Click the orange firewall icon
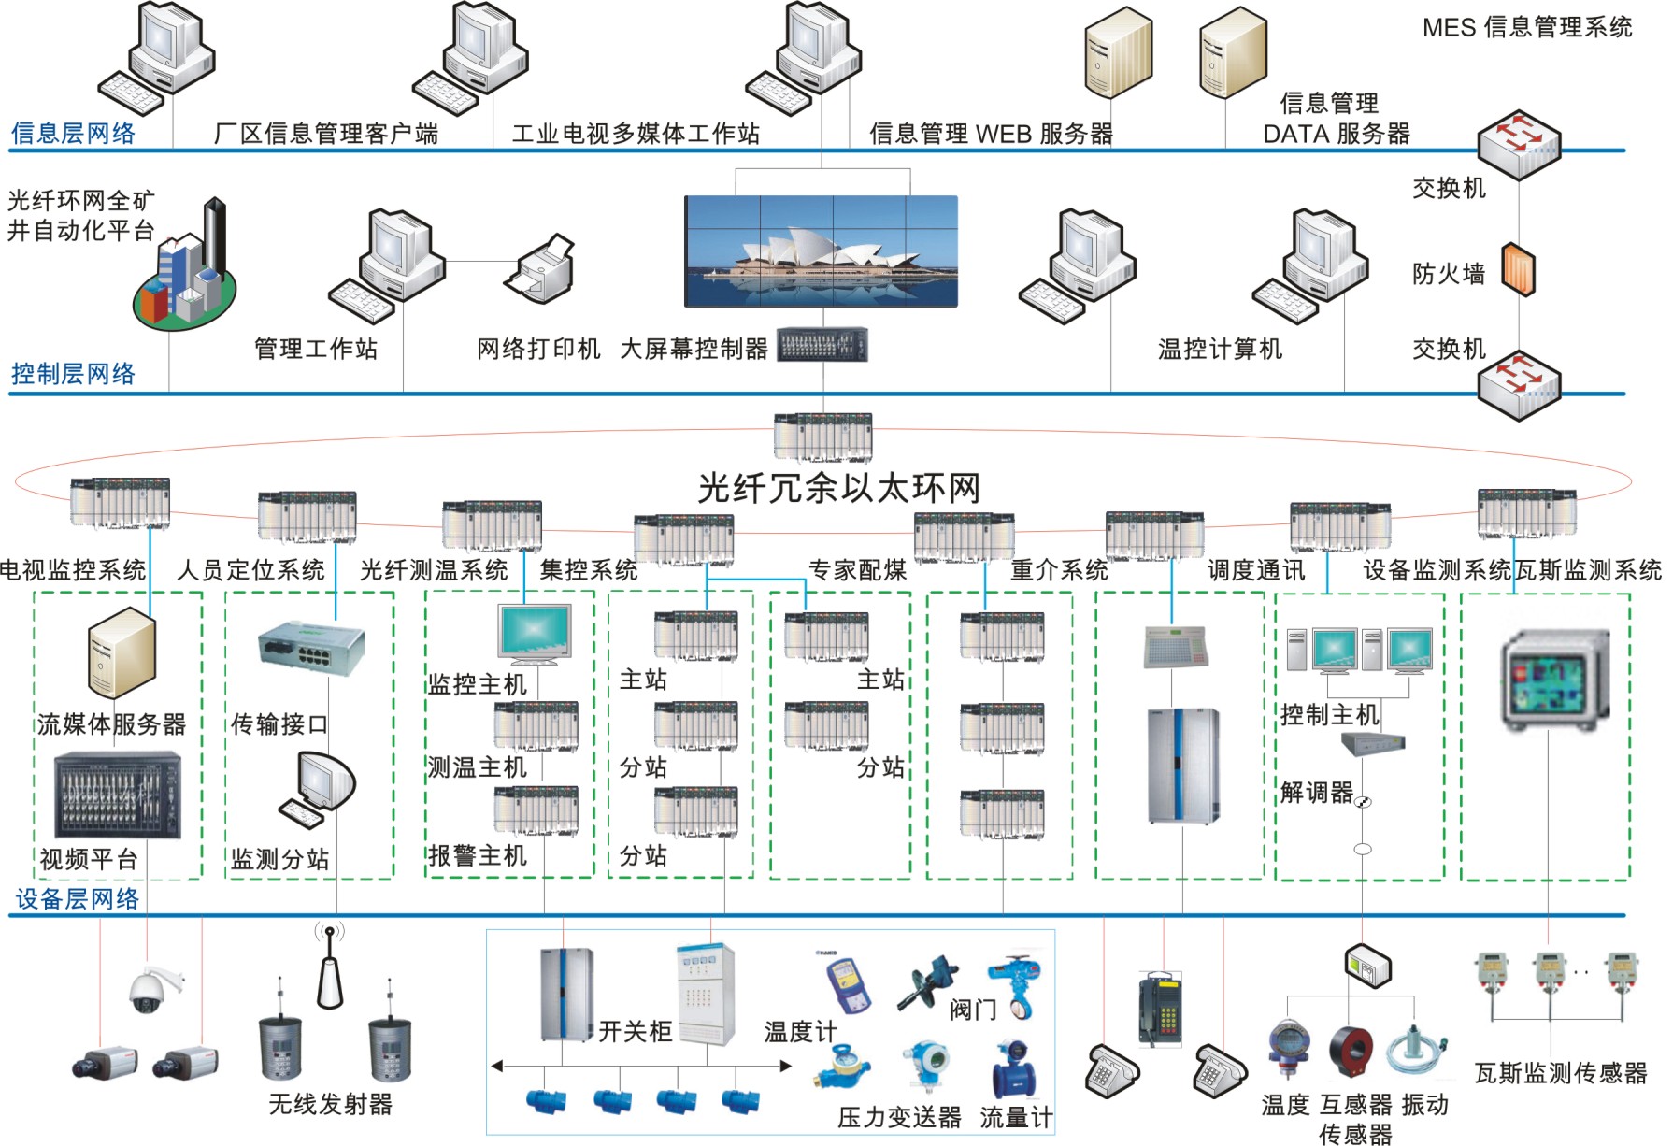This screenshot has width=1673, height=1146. (1518, 269)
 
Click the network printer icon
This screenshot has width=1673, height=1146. (539, 265)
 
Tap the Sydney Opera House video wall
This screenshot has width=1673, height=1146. (821, 251)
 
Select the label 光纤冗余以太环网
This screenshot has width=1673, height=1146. (838, 488)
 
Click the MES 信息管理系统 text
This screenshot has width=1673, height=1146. (1526, 27)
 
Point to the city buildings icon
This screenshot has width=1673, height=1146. (185, 271)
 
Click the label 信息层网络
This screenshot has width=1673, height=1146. (73, 134)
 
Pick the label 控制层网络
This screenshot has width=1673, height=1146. (73, 374)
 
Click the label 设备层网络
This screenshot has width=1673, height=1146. (77, 899)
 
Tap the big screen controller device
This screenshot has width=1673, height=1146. (822, 345)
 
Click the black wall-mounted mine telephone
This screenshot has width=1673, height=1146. (1161, 1008)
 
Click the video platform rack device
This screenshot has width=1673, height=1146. (117, 795)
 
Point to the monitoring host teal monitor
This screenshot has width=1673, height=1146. (535, 634)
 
